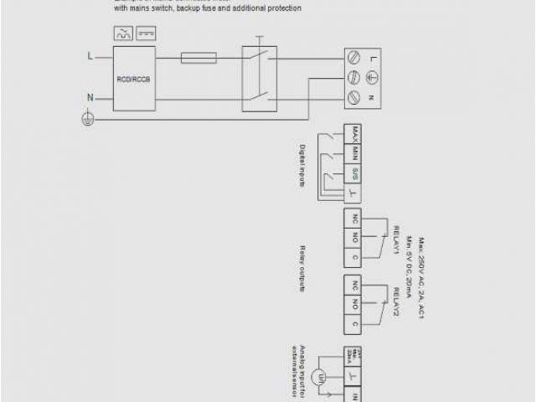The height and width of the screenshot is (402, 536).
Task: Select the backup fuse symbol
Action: point(199,57)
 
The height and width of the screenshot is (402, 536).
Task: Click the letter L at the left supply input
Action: point(90,56)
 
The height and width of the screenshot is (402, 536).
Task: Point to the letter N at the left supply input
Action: point(90,98)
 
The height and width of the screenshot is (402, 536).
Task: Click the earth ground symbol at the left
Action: point(85,119)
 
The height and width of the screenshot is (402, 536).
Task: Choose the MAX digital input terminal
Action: point(355,132)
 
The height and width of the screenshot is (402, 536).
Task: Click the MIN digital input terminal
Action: point(355,152)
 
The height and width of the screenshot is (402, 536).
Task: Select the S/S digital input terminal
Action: point(355,173)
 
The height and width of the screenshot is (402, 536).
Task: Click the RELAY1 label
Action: point(390,244)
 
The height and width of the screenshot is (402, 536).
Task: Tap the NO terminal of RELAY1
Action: point(355,237)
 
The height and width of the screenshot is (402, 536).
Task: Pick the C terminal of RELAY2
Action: point(355,323)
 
